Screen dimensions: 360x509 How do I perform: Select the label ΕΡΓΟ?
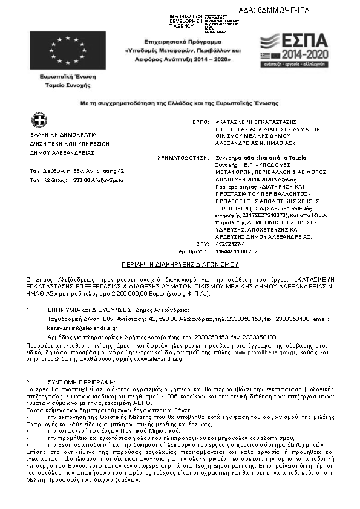pyautogui.click(x=200, y=122)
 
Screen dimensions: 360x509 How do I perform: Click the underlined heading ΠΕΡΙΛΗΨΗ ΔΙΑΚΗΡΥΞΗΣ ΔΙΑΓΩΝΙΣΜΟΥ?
pyautogui.click(x=180, y=265)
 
